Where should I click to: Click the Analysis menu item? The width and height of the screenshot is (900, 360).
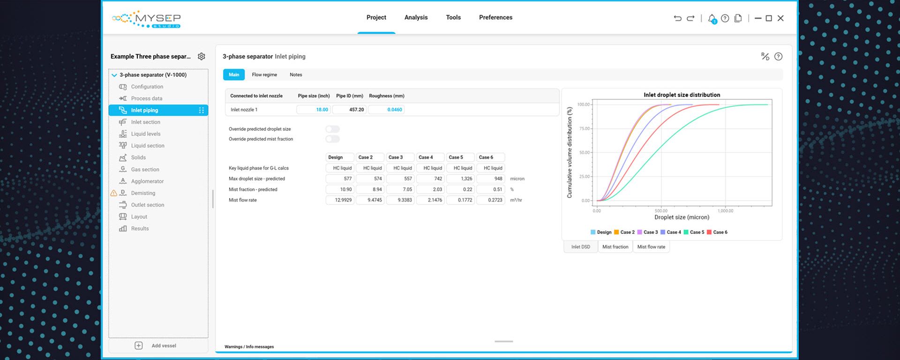[x=416, y=17]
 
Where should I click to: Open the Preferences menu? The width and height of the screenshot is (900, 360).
[x=495, y=17]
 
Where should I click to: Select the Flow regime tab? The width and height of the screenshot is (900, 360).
[x=264, y=75]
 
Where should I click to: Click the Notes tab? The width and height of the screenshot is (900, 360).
[x=296, y=75]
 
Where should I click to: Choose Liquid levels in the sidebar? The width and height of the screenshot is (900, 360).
[x=145, y=134]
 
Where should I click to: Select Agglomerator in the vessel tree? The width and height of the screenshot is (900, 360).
[x=147, y=181]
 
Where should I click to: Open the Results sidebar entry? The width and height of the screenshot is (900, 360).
[x=140, y=228]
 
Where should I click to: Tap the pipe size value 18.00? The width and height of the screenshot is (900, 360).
[x=314, y=110]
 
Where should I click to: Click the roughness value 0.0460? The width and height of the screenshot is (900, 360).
[x=387, y=110]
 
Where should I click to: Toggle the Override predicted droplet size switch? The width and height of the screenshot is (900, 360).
[x=332, y=129]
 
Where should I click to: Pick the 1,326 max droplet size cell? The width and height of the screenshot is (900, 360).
[x=460, y=179]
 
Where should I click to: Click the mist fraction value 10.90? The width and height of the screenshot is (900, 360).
[x=340, y=189]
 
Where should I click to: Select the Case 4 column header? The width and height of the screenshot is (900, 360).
[x=430, y=157]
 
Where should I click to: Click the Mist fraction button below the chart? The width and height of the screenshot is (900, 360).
[x=615, y=247]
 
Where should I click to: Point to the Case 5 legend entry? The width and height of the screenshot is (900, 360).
[x=694, y=232]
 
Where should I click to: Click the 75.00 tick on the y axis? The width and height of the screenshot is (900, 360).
[x=584, y=128]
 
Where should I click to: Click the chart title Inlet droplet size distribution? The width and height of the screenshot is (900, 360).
[x=682, y=95]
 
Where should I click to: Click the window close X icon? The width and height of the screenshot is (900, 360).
[x=780, y=18]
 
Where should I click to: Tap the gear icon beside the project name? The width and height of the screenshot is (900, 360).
[x=202, y=56]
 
